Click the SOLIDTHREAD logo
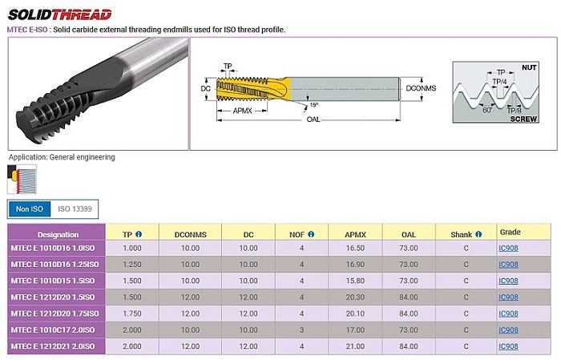pos(60,14)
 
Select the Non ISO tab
pos(30,209)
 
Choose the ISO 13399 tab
pos(75,209)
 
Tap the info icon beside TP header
pos(139,234)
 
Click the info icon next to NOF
pos(311,234)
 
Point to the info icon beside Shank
pos(478,234)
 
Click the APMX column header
pos(355,235)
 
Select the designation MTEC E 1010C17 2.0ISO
pos(53,330)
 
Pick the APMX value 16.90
pos(355,265)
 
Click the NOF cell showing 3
pos(301,330)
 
